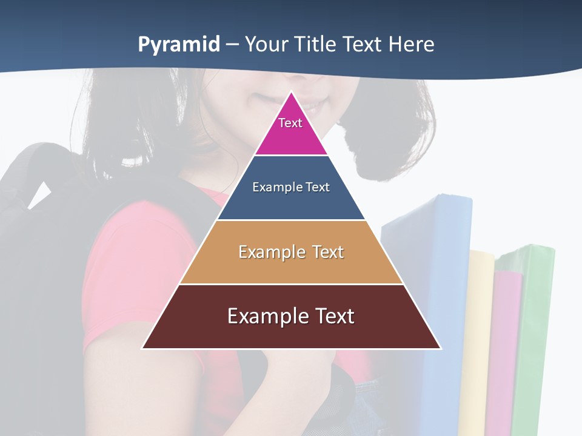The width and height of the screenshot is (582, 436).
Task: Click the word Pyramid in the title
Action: (179, 45)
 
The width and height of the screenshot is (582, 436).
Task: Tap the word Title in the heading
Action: (316, 44)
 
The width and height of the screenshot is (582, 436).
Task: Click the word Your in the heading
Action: (266, 44)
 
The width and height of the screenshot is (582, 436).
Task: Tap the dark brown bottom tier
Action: (291, 333)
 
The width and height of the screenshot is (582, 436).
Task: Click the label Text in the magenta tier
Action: (290, 123)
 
